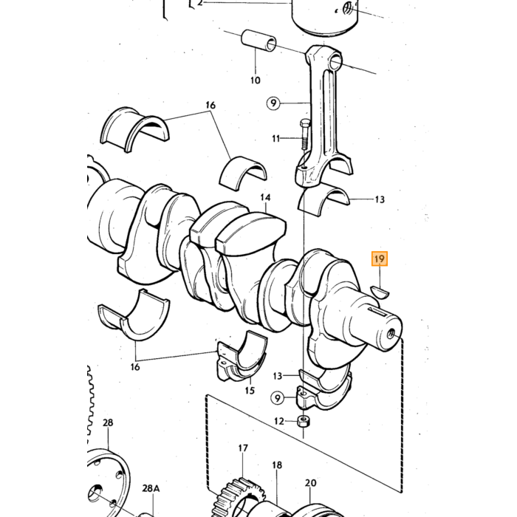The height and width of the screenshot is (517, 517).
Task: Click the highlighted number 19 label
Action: click(x=380, y=258)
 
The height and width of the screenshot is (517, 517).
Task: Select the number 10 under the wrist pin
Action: click(x=256, y=80)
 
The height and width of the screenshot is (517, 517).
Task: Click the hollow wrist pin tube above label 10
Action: click(x=259, y=41)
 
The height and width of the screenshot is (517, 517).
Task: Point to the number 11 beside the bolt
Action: click(x=276, y=138)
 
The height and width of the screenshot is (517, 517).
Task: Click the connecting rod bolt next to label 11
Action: click(x=304, y=135)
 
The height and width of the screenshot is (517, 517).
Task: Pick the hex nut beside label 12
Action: click(x=304, y=421)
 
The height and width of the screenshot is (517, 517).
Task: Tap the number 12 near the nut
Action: click(x=279, y=421)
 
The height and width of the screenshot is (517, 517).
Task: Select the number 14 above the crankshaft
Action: click(x=265, y=197)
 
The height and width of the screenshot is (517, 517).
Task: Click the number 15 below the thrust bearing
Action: click(x=250, y=391)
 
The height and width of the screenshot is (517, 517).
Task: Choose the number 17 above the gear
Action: click(x=243, y=448)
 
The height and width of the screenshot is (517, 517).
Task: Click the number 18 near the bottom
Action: click(x=277, y=465)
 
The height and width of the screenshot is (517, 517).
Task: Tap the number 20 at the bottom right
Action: click(x=311, y=483)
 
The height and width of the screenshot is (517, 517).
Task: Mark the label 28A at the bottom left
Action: click(x=151, y=488)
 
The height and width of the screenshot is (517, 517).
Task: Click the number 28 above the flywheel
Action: click(x=108, y=422)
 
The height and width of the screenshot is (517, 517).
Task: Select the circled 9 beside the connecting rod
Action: click(x=273, y=103)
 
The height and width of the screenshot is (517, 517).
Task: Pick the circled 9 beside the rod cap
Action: click(x=278, y=398)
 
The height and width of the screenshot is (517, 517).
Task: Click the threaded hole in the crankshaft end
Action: click(x=391, y=334)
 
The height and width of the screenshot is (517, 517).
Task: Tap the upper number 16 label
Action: click(x=210, y=105)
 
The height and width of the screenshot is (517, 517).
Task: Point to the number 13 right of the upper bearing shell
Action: click(x=380, y=199)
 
